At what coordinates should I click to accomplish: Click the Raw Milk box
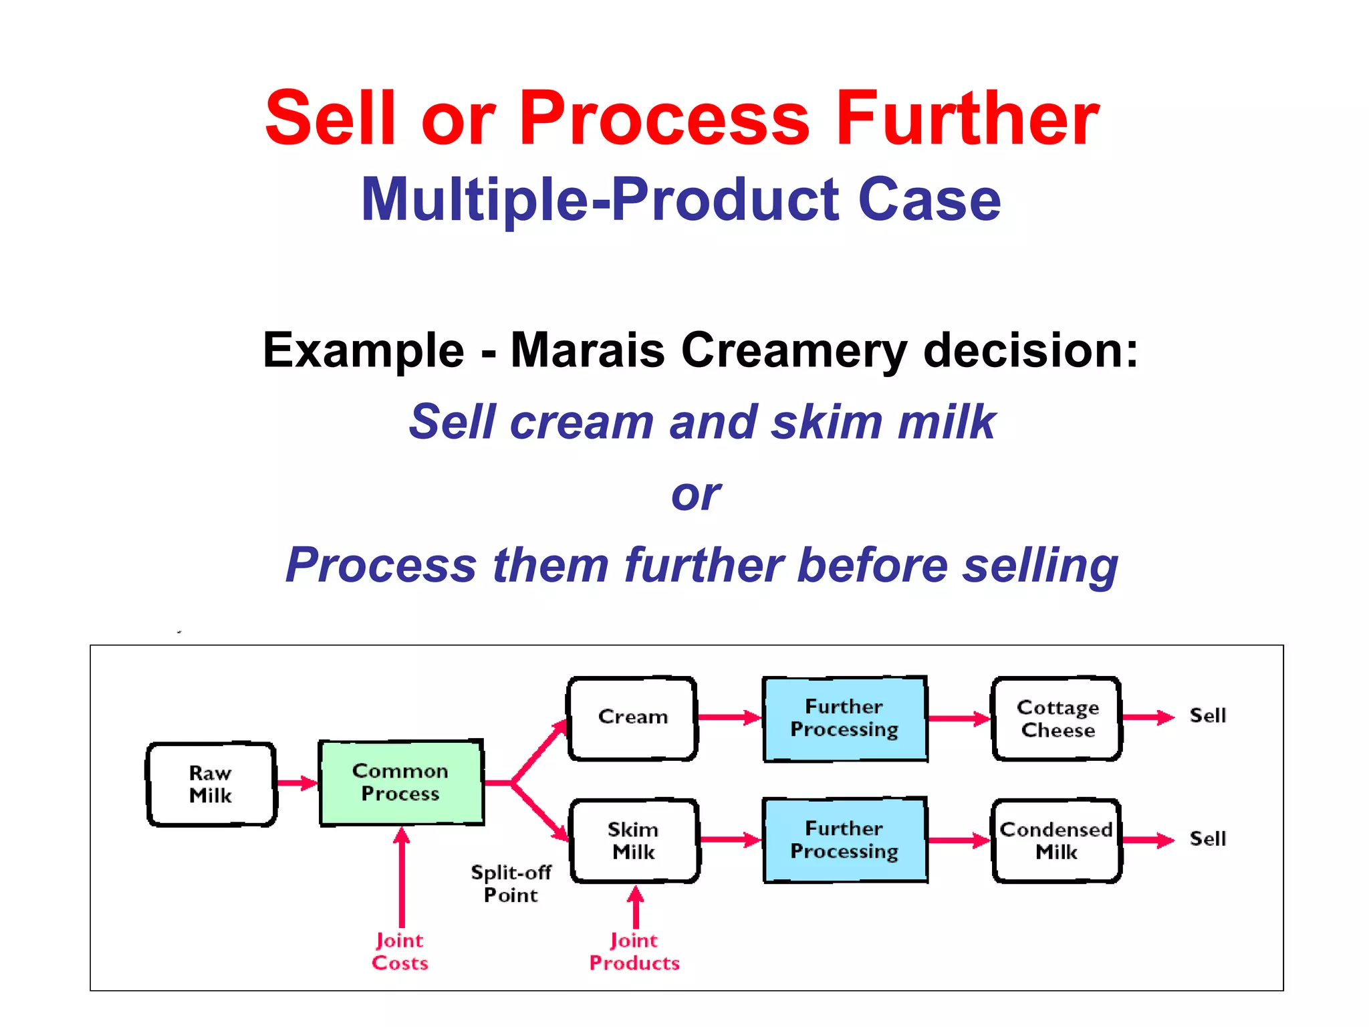coord(211,784)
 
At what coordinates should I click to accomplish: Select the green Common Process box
coord(401,783)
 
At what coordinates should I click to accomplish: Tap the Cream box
coord(632,718)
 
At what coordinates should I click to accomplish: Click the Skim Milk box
coord(634,841)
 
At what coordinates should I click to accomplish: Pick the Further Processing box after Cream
coord(845,719)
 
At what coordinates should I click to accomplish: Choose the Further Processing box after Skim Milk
coord(845,840)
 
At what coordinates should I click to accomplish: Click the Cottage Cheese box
coord(1057,719)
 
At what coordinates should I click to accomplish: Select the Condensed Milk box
coord(1056,841)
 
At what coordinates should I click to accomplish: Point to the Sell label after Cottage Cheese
coord(1208,716)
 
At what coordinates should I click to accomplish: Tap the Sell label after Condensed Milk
coord(1208,839)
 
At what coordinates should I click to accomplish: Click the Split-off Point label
coord(511,884)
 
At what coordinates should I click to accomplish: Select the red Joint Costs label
coord(400,952)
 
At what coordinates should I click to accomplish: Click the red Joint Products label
coord(634,952)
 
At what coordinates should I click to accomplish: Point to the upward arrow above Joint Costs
coord(402,876)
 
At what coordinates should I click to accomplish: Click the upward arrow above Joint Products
coord(636,907)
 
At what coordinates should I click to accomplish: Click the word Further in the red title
coord(967,119)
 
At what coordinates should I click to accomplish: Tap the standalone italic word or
coord(695,495)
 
